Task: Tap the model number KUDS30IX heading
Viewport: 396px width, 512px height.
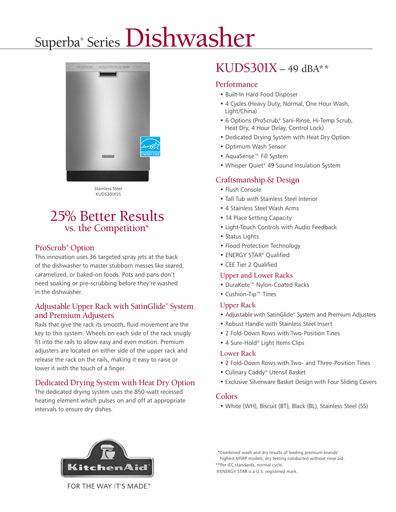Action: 246,68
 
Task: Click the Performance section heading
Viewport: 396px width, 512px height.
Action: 236,84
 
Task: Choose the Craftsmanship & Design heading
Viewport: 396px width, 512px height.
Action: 257,180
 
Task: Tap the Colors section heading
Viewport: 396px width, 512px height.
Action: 226,396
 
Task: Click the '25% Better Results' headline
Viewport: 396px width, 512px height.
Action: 107,216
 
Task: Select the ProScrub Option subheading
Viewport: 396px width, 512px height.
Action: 65,248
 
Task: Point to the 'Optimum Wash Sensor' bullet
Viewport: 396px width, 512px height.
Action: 255,146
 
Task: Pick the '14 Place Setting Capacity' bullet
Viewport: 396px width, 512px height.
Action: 258,218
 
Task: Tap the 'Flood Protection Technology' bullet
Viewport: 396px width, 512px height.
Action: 263,246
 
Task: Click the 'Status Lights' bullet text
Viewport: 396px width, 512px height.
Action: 242,236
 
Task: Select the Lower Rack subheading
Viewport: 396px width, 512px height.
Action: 238,353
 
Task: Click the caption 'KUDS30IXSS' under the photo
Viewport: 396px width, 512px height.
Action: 108,194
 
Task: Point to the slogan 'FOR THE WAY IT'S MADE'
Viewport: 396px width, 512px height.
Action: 106,486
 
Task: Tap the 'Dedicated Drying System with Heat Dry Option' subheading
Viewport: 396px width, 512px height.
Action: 115,383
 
